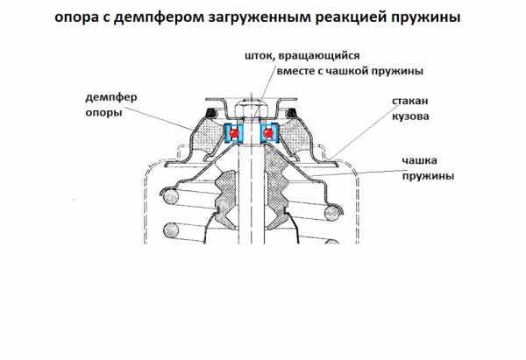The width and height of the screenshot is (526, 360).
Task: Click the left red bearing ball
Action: [x=234, y=133]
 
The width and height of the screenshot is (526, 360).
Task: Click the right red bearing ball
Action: [x=269, y=133]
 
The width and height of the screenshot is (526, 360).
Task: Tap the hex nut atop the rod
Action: [x=252, y=109]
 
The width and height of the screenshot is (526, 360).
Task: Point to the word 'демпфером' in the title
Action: [x=159, y=17]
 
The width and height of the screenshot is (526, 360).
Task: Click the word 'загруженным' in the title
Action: [x=259, y=18]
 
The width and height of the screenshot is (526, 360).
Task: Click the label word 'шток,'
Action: [x=260, y=56]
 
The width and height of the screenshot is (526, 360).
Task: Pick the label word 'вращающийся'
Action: [x=319, y=56]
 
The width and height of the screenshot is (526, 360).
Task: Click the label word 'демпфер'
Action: [x=111, y=97]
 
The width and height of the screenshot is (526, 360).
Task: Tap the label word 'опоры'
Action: [x=103, y=113]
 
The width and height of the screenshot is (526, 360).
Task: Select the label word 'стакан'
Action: [x=410, y=101]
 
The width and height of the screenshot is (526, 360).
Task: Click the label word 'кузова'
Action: [x=410, y=116]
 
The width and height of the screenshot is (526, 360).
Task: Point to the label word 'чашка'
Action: [x=419, y=160]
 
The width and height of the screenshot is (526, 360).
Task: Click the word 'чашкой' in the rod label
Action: [x=346, y=71]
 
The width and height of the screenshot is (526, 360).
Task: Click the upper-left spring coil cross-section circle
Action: [x=170, y=197]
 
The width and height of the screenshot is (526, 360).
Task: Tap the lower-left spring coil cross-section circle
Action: [x=172, y=230]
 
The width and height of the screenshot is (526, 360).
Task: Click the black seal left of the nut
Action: [x=210, y=113]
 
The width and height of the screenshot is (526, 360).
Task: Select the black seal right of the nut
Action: [x=292, y=113]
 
